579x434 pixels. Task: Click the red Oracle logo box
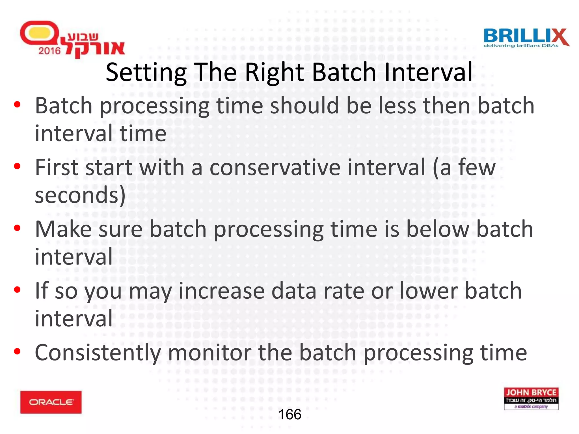(x=51, y=402)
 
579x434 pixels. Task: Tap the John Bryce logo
(x=531, y=399)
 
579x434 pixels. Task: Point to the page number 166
(x=290, y=415)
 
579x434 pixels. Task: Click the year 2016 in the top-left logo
(x=49, y=51)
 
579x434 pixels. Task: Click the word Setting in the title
(x=146, y=72)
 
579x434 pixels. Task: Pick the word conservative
(x=275, y=167)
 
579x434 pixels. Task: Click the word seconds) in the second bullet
(x=80, y=196)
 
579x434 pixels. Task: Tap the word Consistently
(x=98, y=353)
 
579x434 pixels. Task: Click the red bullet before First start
(x=17, y=166)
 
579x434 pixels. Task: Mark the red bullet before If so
(x=17, y=290)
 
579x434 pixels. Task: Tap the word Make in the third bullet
(x=63, y=229)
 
